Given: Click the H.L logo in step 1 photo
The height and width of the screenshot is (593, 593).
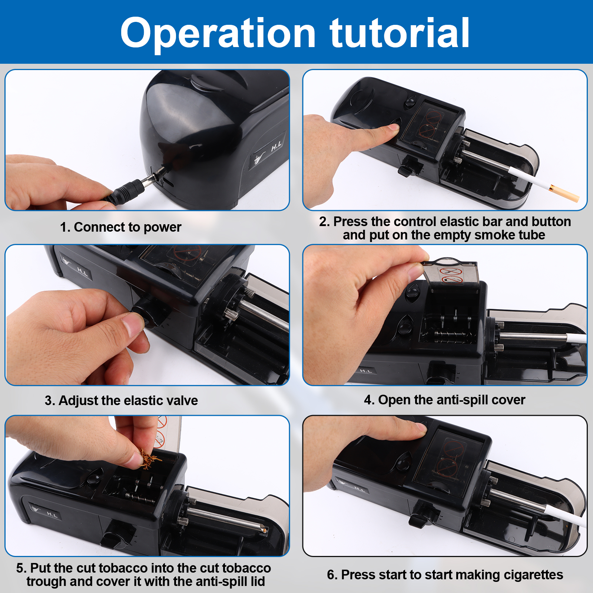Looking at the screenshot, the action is [276, 146].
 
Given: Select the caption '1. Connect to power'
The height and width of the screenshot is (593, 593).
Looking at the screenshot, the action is [121, 227].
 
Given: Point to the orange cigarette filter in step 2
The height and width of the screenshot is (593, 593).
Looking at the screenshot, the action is [564, 193].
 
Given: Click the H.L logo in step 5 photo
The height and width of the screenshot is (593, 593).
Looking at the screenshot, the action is [52, 514].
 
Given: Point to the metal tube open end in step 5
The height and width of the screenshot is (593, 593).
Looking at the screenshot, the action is [264, 529].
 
